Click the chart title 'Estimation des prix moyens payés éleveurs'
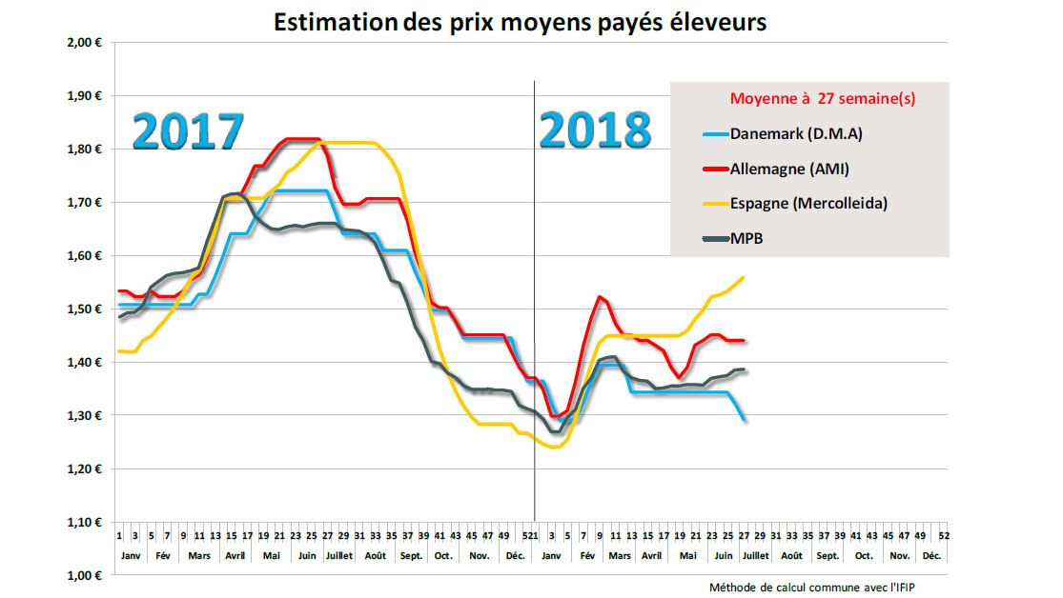(520, 22)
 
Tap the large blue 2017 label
(187, 131)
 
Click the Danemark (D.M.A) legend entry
(794, 133)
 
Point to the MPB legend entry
(746, 238)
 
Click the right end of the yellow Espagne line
(744, 277)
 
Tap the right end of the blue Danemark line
(744, 419)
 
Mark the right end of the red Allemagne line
(744, 340)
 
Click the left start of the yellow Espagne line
(119, 351)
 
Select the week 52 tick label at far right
(943, 536)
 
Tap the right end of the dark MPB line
(744, 369)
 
